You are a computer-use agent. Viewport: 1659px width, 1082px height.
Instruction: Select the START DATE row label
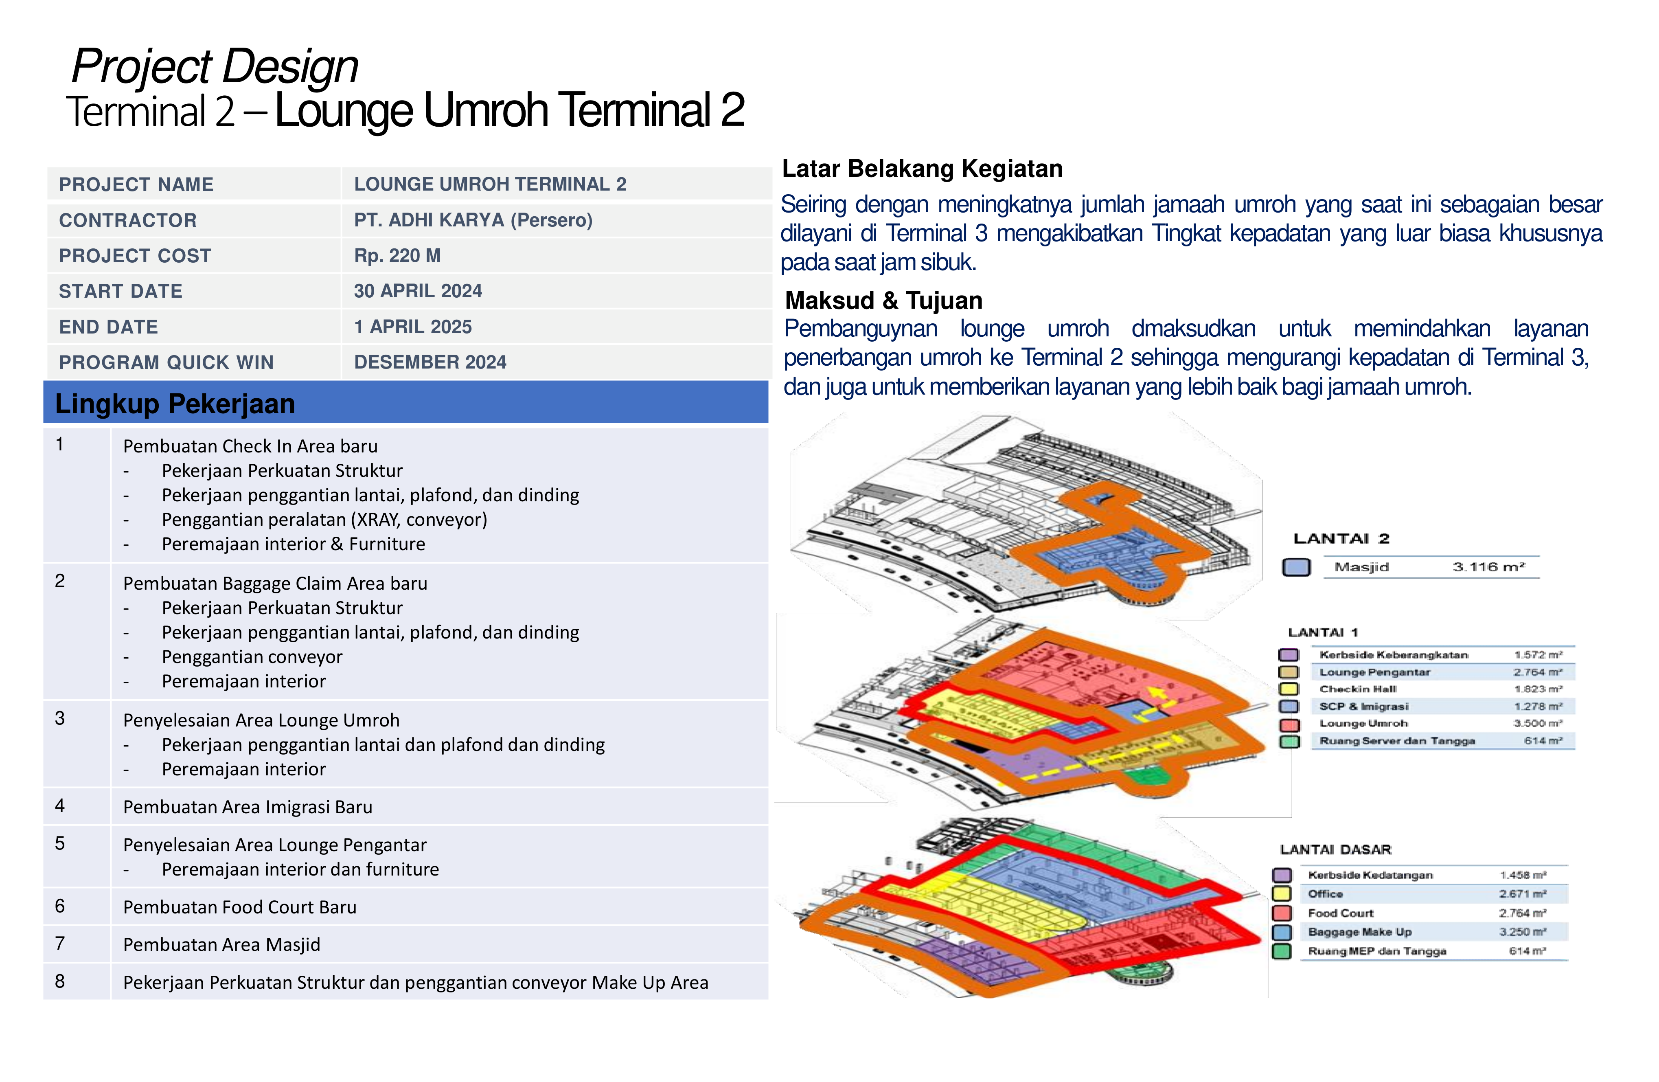coord(121,292)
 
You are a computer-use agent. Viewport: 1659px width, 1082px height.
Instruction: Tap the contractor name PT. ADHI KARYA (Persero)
coord(473,220)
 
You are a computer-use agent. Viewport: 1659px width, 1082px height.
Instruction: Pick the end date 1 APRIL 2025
coord(413,327)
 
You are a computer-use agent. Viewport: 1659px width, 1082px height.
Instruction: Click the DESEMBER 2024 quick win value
coord(430,362)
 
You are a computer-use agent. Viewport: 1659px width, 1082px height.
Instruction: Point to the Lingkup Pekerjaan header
coord(175,404)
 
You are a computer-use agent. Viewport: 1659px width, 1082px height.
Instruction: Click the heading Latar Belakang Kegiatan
coord(922,169)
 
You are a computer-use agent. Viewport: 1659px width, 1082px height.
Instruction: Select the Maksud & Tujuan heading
coord(883,301)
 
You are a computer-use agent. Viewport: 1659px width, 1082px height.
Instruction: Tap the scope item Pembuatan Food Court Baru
coord(240,907)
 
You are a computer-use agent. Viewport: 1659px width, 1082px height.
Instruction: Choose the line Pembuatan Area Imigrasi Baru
coord(248,807)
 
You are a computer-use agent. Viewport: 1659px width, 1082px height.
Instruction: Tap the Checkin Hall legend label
coord(1357,689)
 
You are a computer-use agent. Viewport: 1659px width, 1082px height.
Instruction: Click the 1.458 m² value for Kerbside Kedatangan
coord(1523,875)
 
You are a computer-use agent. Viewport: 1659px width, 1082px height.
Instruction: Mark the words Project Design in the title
coord(215,66)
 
